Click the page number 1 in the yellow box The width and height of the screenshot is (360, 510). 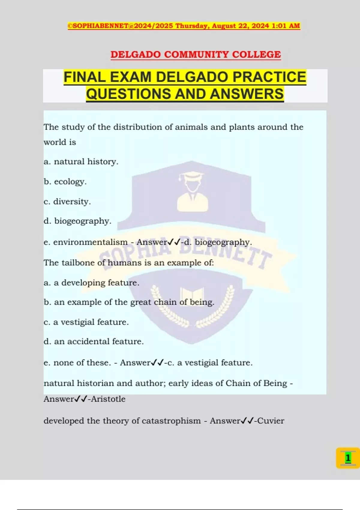(x=348, y=458)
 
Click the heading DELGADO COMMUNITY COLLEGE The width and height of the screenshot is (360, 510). (x=196, y=55)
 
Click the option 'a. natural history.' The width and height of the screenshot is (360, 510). (x=81, y=162)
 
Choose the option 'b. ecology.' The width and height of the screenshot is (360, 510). (x=65, y=182)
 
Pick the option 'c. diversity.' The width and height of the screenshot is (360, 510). (x=67, y=202)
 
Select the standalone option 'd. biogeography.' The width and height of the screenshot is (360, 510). (x=77, y=221)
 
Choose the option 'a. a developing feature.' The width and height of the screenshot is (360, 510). (x=91, y=283)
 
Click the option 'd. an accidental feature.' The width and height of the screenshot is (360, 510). (x=94, y=341)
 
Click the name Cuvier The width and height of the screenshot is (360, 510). (x=271, y=421)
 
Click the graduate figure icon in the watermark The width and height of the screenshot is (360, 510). (x=192, y=192)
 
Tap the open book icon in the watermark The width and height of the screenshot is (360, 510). (x=192, y=295)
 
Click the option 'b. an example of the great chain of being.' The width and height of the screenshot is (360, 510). (x=129, y=302)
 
